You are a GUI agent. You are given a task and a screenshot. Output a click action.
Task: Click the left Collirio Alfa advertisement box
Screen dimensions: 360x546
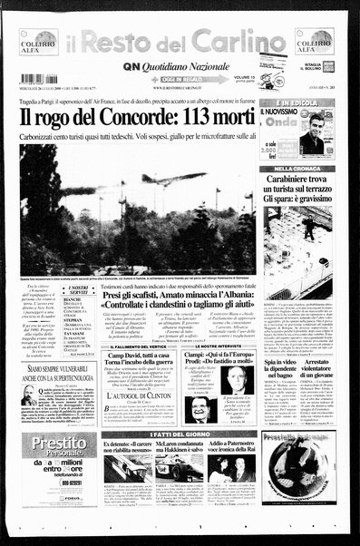click(39, 42)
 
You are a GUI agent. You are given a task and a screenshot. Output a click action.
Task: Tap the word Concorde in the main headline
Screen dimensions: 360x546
click(126, 117)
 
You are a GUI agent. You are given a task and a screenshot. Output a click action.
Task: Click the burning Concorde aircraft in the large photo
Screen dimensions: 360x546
click(181, 180)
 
